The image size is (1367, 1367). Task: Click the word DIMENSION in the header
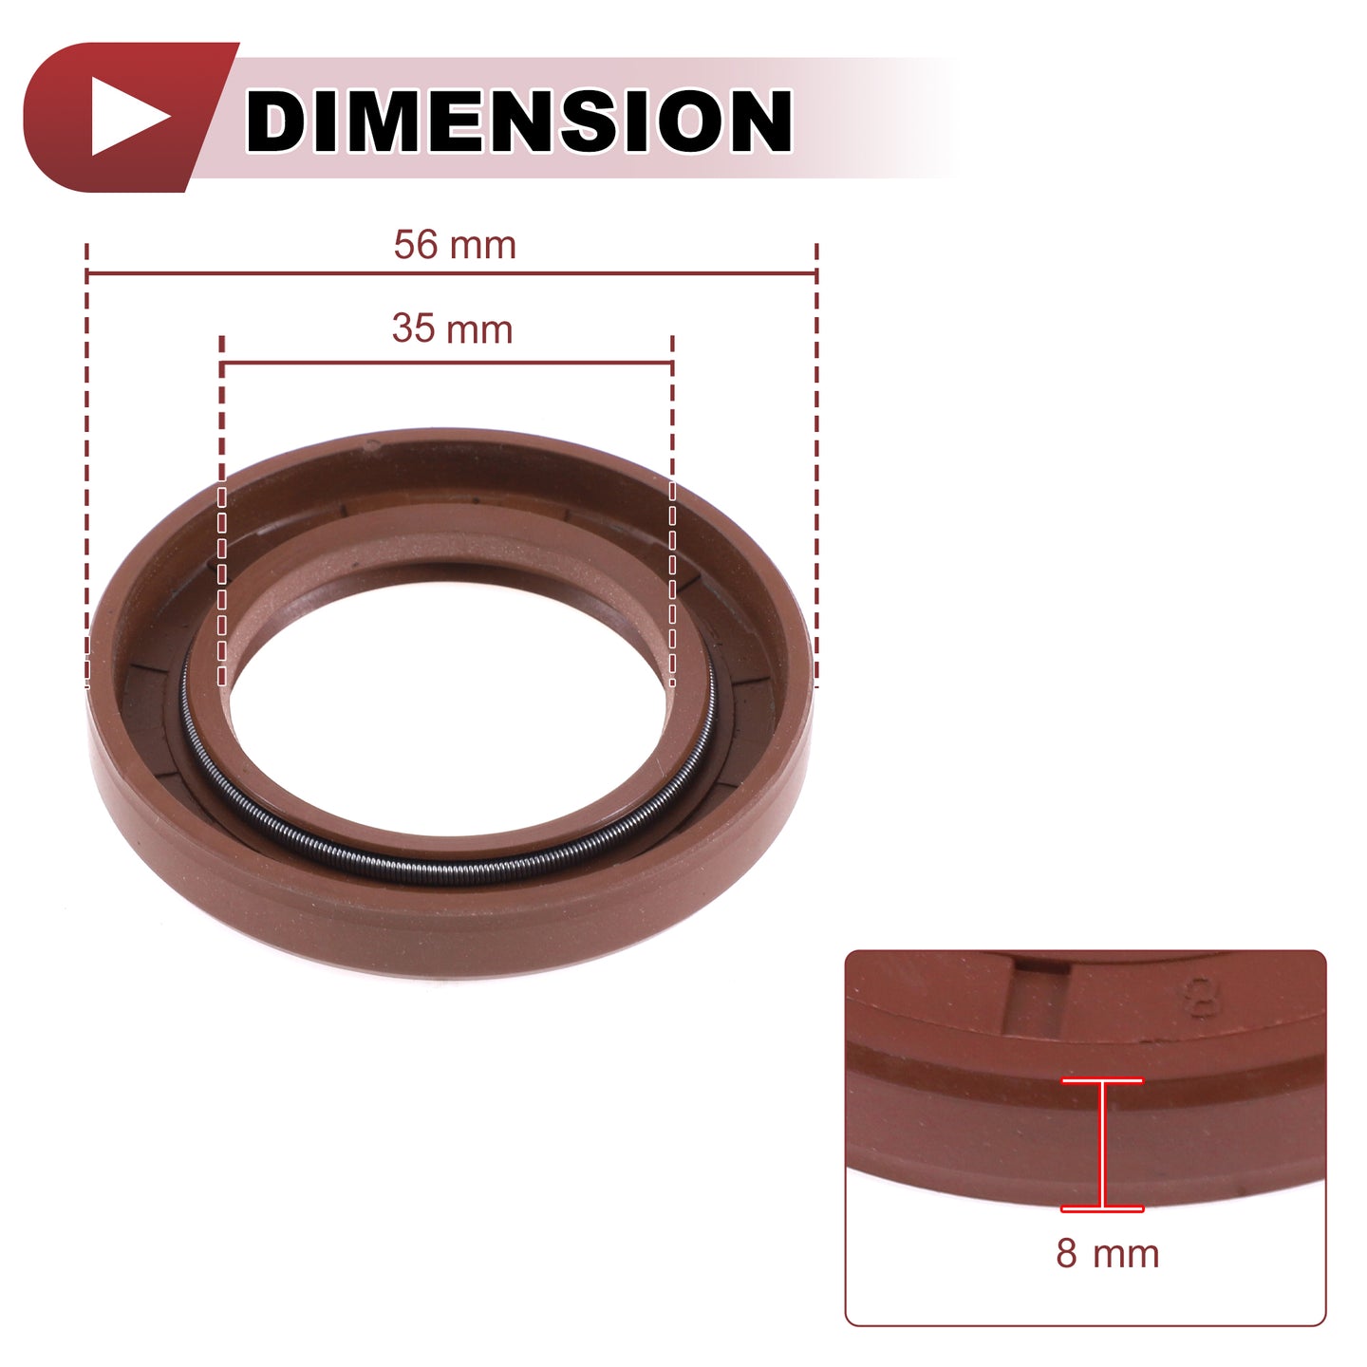[x=518, y=121]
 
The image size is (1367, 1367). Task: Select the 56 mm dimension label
[x=455, y=245]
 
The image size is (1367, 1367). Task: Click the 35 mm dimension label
[x=453, y=329]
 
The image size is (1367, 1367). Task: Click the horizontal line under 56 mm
[x=451, y=272]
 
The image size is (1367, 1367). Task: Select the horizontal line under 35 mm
[x=447, y=364]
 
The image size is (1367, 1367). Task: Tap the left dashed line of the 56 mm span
[x=86, y=465]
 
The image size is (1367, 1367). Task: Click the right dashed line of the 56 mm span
[x=816, y=465]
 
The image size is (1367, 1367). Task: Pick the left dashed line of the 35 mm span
[x=222, y=511]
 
